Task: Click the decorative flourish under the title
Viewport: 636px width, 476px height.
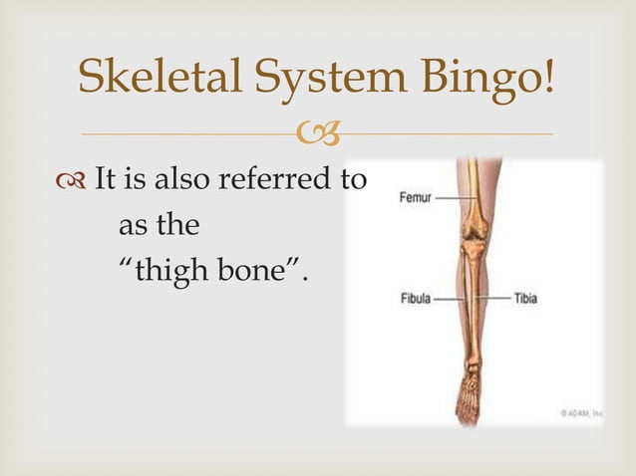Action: (318, 132)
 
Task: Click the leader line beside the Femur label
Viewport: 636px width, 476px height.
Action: (454, 198)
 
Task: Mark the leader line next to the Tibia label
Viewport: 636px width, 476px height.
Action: (495, 298)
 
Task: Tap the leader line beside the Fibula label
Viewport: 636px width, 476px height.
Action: (449, 298)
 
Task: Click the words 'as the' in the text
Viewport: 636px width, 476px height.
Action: (158, 226)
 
